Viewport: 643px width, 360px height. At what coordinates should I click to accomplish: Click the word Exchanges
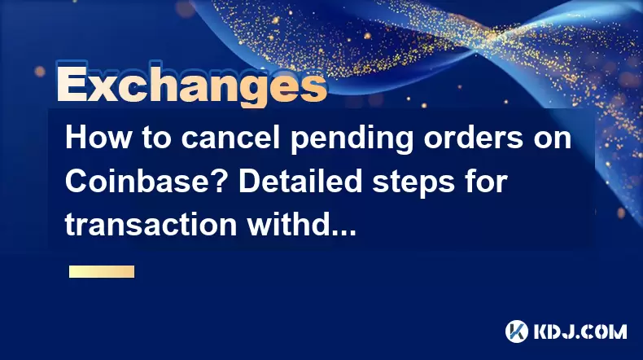(x=192, y=85)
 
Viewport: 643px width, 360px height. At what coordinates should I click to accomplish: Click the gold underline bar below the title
(x=102, y=272)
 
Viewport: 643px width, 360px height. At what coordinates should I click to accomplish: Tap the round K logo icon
(x=517, y=331)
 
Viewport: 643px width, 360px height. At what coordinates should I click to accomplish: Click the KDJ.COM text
(x=580, y=331)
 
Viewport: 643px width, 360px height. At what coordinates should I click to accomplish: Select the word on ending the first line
(x=553, y=140)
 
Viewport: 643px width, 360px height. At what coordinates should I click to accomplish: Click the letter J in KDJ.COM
(x=571, y=331)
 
